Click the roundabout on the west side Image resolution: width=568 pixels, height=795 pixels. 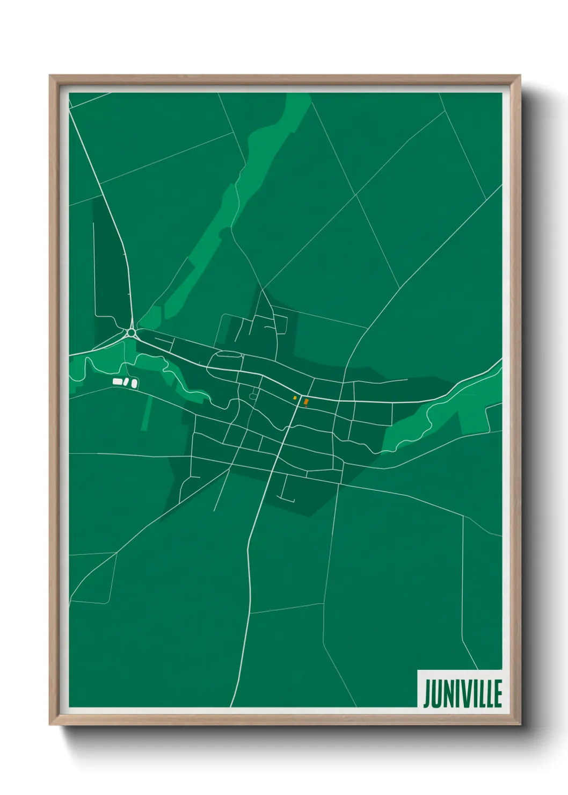(x=131, y=333)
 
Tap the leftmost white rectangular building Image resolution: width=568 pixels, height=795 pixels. (x=117, y=381)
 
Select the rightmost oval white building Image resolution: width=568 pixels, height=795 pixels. (x=134, y=384)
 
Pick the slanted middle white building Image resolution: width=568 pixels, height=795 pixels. (x=126, y=382)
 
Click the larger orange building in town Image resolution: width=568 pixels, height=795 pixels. (x=306, y=401)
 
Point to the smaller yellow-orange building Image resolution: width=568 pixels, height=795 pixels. (x=295, y=398)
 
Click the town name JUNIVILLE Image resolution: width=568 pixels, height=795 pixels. (x=462, y=693)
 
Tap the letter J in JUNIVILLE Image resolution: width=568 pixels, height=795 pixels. (x=426, y=694)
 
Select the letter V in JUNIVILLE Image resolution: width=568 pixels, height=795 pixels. (x=465, y=693)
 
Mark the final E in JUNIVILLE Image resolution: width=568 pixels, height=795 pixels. (x=498, y=693)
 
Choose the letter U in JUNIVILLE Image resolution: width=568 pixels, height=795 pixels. (x=435, y=693)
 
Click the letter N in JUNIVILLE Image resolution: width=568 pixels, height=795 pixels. (x=447, y=693)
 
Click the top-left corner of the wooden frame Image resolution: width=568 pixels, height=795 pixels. (x=52, y=77)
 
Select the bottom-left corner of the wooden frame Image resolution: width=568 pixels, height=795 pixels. (x=52, y=723)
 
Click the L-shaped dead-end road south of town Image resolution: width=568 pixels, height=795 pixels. (x=285, y=496)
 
